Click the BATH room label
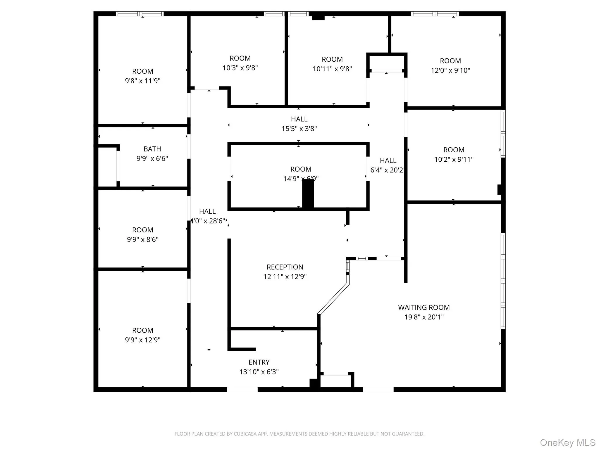click(x=152, y=149)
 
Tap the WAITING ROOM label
click(x=424, y=308)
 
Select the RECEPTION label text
click(x=285, y=267)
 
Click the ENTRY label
click(x=259, y=362)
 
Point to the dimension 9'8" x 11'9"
click(x=142, y=81)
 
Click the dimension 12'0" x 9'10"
click(x=450, y=70)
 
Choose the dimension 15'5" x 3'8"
click(x=299, y=129)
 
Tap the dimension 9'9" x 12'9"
click(x=142, y=340)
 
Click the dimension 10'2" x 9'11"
click(x=454, y=160)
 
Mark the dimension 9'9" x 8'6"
click(x=142, y=240)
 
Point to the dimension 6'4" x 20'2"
click(x=388, y=170)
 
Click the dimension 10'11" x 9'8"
click(x=332, y=69)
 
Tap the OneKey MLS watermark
click(x=567, y=443)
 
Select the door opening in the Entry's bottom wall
click(x=242, y=389)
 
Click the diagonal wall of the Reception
click(x=333, y=299)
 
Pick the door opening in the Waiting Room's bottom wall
click(x=378, y=389)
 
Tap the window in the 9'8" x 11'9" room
click(x=140, y=14)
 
